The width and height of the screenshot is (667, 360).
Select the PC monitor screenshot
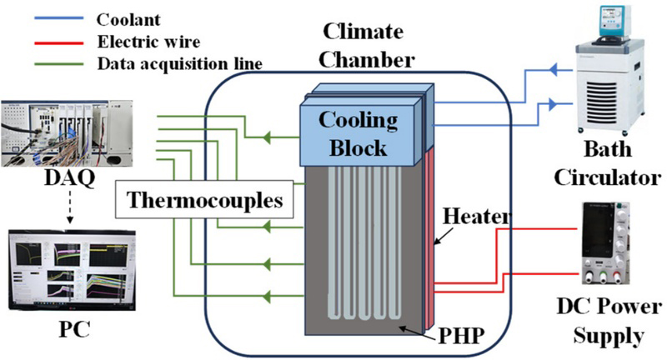pos(68,269)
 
